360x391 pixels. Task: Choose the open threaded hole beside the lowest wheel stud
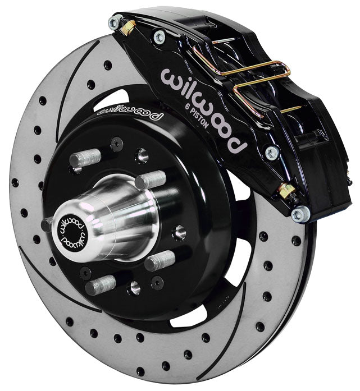click(134, 287)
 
